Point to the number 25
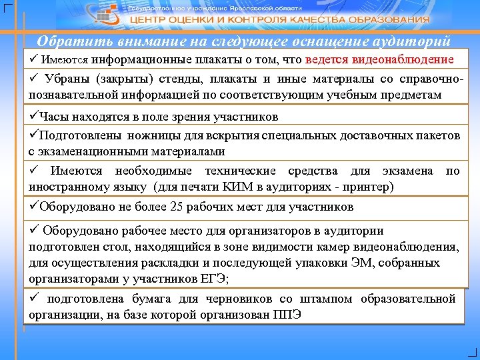[177, 207]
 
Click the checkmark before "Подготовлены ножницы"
[33, 136]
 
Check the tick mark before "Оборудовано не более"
[33, 207]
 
